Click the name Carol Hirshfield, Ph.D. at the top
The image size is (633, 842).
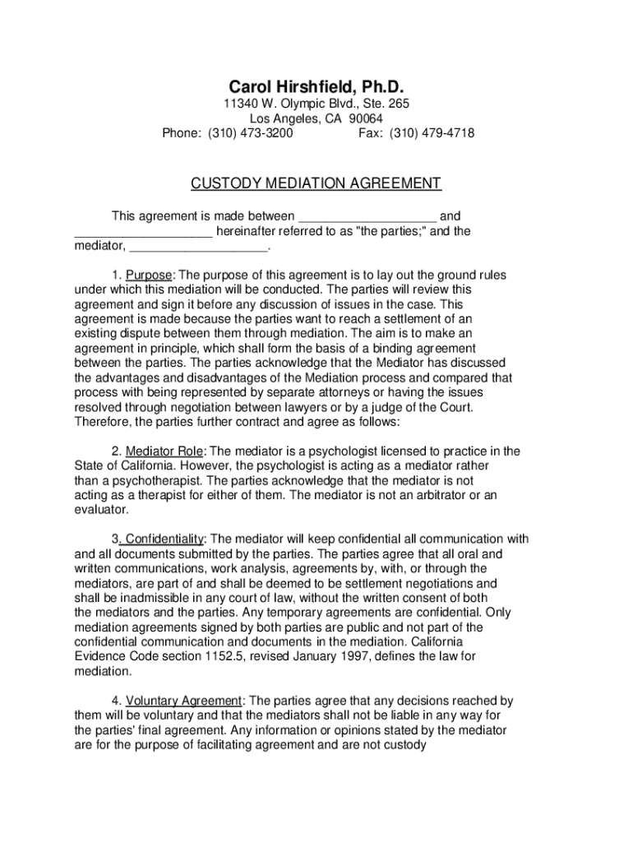pyautogui.click(x=316, y=87)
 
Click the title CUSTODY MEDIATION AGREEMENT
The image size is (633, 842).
pyautogui.click(x=316, y=183)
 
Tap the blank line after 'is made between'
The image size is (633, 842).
pyautogui.click(x=367, y=217)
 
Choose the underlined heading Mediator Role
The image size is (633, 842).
pyautogui.click(x=164, y=451)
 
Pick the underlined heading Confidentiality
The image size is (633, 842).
pyautogui.click(x=164, y=539)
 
